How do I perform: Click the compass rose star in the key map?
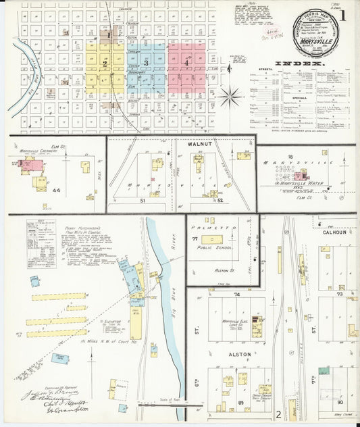pyautogui.click(x=230, y=98)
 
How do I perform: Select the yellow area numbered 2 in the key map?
pyautogui.click(x=105, y=64)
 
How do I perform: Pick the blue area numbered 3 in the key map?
pyautogui.click(x=146, y=63)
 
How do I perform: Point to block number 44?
pyautogui.click(x=56, y=191)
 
